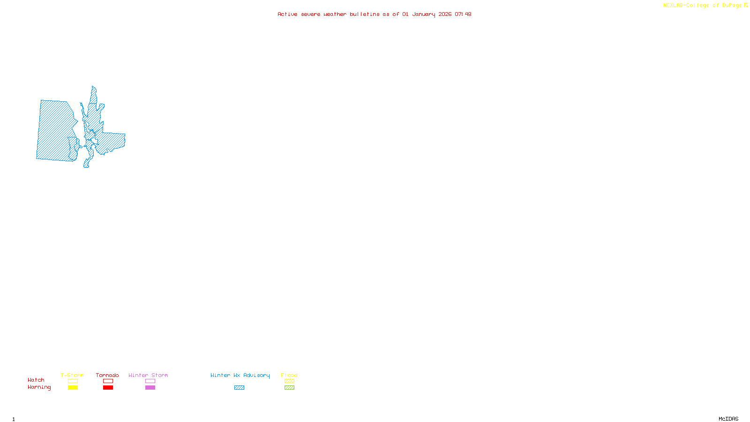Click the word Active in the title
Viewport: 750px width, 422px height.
coord(287,14)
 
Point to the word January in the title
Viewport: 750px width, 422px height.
coord(424,14)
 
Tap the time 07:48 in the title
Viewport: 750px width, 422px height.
coord(463,14)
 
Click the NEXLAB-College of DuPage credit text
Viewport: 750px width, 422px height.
coord(703,5)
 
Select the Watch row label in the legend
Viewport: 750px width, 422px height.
coord(36,380)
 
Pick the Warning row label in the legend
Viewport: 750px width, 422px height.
coord(39,387)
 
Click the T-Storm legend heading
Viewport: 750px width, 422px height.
coord(72,375)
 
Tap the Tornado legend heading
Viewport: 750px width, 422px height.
coord(107,375)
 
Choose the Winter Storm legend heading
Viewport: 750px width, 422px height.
coord(148,375)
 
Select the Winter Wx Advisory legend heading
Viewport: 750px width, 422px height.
coord(240,375)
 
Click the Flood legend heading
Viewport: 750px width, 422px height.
coord(289,375)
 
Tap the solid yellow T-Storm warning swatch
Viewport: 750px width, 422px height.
coord(73,388)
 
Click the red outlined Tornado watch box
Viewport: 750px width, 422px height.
coord(108,381)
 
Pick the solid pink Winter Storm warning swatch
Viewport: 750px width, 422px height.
coord(150,388)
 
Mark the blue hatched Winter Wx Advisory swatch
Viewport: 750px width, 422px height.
coord(239,388)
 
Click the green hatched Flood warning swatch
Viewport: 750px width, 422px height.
coord(289,388)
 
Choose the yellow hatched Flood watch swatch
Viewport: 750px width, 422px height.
coord(289,381)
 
